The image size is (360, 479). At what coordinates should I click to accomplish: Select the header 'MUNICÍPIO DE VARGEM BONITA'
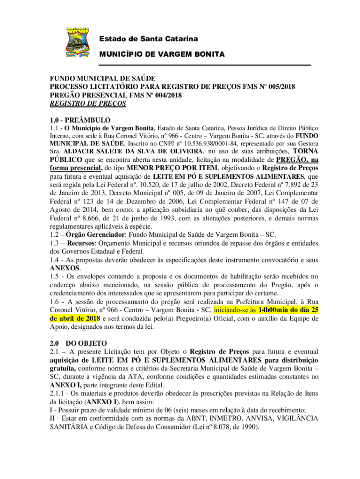(x=162, y=54)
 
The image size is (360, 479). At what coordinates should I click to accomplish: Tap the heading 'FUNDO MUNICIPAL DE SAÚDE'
(x=103, y=79)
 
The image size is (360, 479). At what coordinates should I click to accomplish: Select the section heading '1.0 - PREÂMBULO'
(x=80, y=119)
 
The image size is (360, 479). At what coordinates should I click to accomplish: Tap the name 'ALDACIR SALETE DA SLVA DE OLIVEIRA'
(x=133, y=152)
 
